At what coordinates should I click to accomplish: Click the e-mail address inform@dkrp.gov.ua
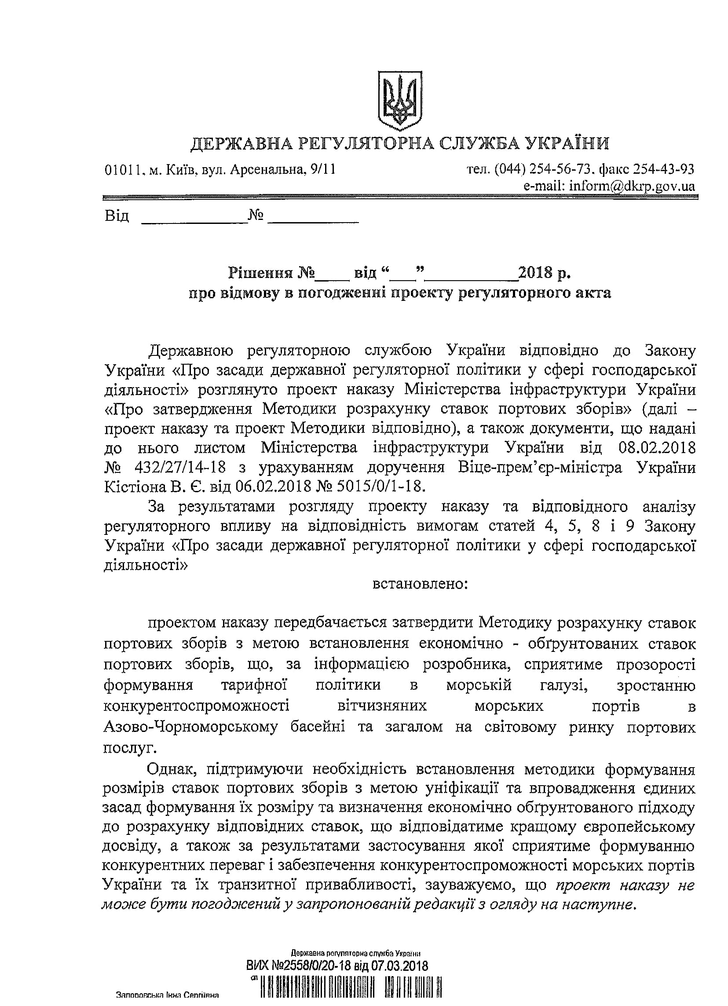(609, 186)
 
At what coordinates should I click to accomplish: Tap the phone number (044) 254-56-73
(543, 169)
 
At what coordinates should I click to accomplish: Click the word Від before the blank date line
(117, 216)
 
